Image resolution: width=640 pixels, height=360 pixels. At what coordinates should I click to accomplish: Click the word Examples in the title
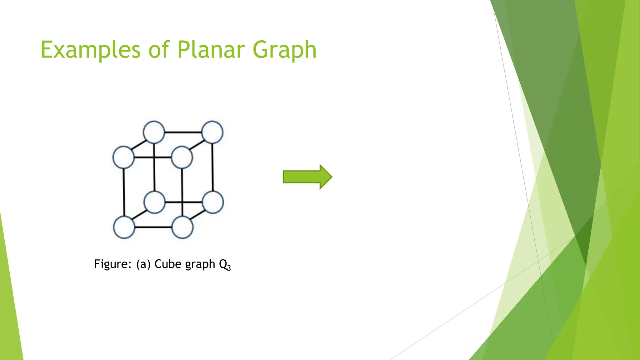91,50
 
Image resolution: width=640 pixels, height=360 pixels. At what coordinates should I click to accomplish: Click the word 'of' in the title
159,50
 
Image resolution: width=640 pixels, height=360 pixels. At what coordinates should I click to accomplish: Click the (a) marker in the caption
143,264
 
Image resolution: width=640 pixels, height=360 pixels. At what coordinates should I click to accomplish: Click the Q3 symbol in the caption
225,265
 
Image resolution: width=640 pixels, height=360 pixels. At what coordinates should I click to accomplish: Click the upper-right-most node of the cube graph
212,132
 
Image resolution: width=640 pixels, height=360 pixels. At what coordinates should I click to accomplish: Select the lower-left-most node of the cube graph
124,227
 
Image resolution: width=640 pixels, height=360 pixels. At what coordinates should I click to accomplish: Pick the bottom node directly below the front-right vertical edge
182,227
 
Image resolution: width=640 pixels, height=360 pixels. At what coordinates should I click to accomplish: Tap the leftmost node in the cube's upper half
123,157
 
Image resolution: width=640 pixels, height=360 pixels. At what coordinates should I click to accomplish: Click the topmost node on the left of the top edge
154,132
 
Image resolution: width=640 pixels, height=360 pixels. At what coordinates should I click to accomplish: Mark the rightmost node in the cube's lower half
213,202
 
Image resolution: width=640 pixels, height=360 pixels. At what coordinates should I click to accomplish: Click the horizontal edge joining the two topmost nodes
183,132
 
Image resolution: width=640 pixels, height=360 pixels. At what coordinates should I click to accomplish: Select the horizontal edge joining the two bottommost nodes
153,227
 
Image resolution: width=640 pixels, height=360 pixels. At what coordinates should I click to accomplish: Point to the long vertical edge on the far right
213,167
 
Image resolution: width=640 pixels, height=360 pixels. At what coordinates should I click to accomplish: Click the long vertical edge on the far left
124,192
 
